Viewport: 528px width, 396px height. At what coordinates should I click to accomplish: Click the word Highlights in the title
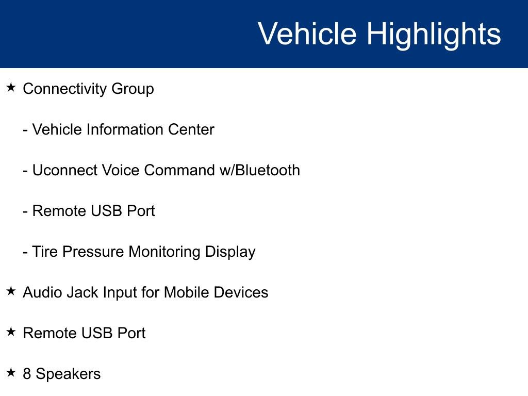click(434, 35)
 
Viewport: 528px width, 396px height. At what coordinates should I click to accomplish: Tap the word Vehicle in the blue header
click(307, 33)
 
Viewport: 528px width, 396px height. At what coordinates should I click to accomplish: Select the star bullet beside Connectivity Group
click(11, 88)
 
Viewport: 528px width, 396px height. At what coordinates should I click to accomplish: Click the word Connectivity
click(64, 89)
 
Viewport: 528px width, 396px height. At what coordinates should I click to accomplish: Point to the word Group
click(133, 90)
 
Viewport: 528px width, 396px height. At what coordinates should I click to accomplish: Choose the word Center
click(191, 129)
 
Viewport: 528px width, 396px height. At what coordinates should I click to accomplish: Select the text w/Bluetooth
click(260, 170)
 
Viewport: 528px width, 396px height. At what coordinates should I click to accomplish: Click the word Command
click(179, 170)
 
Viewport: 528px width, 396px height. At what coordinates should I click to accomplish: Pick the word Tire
click(45, 252)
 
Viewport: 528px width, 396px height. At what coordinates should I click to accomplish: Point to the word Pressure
click(93, 252)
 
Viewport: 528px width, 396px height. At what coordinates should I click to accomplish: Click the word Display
click(230, 252)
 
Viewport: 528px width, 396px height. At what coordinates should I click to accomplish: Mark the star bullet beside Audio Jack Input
click(11, 291)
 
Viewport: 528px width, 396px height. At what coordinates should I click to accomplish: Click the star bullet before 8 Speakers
click(11, 372)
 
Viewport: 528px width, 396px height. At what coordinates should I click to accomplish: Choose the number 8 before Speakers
click(27, 374)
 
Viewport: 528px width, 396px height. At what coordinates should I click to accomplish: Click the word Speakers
click(68, 374)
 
